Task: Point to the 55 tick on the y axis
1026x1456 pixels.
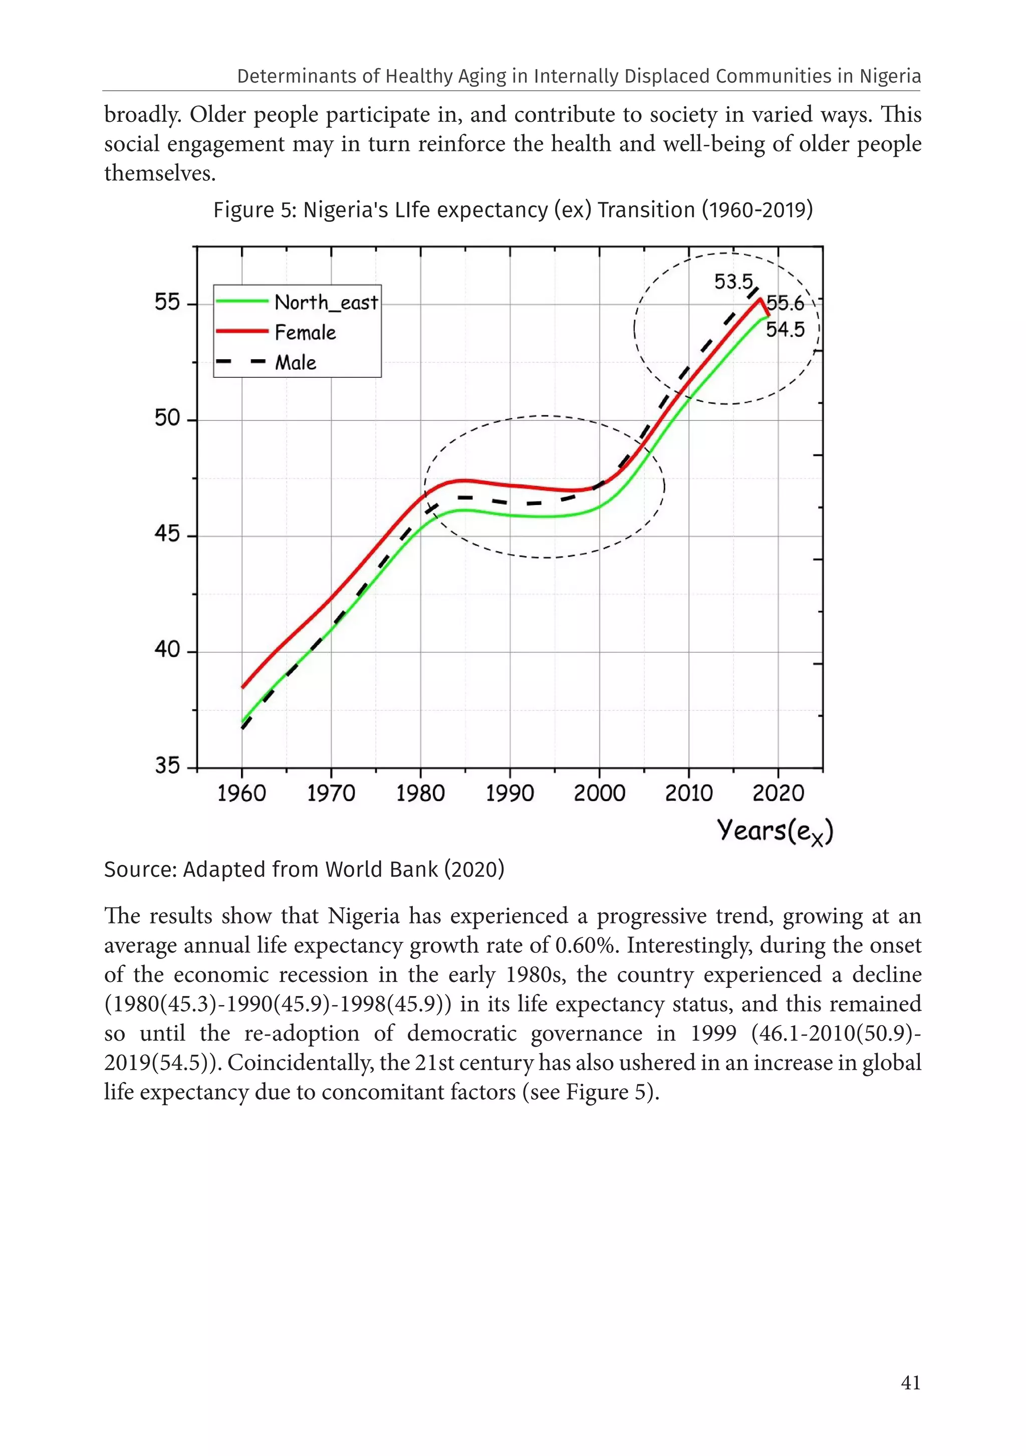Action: click(167, 303)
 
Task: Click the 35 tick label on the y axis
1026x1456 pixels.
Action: click(167, 766)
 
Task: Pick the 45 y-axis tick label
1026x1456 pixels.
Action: click(167, 534)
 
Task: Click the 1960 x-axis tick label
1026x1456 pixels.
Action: click(241, 793)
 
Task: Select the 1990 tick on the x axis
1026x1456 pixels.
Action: click(510, 793)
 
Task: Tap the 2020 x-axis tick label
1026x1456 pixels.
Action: click(778, 793)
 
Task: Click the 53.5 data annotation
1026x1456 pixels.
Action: click(733, 282)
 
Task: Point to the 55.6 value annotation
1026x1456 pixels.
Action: click(785, 304)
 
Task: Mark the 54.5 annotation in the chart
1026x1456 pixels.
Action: click(785, 330)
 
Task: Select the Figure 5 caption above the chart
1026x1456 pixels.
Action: click(512, 210)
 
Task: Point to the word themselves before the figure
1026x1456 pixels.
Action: click(160, 173)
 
